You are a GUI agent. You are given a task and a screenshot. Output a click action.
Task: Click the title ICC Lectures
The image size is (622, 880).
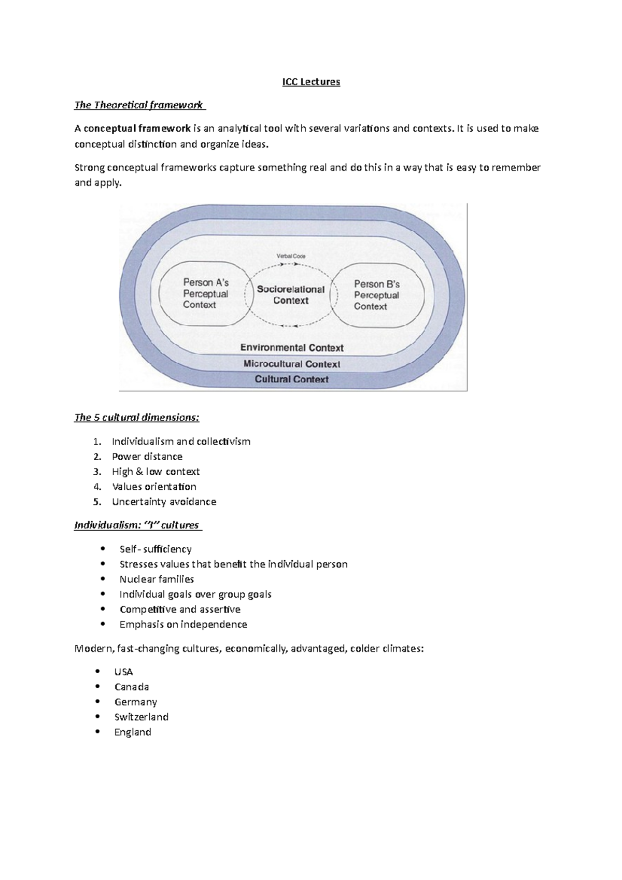[311, 82]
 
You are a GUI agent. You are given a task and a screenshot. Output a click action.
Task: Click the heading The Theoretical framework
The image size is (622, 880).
[139, 105]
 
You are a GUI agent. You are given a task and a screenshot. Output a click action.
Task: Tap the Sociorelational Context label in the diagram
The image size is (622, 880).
[291, 295]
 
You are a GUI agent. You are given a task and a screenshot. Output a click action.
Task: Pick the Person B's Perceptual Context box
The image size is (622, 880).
[377, 295]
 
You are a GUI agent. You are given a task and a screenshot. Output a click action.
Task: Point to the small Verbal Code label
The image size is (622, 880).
[291, 256]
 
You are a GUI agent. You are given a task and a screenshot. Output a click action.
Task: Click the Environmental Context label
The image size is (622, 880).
[292, 348]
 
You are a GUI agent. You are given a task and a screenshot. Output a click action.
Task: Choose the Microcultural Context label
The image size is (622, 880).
[292, 364]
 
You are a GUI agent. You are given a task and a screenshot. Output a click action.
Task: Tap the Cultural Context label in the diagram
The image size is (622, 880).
[292, 379]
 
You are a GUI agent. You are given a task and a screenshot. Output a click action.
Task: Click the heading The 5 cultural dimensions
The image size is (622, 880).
[137, 418]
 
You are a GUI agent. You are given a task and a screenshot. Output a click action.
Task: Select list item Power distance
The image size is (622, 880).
[147, 457]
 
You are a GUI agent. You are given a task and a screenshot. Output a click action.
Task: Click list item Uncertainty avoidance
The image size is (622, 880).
[164, 502]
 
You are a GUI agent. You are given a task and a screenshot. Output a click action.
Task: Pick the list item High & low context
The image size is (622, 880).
[155, 472]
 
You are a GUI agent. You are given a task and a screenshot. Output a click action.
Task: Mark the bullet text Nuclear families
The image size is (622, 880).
[157, 579]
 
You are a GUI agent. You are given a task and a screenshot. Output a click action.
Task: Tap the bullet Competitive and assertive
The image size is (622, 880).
[180, 609]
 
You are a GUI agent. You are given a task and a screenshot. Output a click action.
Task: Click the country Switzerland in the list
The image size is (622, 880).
[141, 717]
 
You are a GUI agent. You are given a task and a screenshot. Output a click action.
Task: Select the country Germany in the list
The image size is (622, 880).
[135, 702]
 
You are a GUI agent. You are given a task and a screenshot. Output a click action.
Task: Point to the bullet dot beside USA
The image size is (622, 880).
[98, 672]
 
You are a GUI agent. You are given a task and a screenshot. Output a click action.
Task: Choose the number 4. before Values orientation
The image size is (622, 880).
[97, 487]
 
